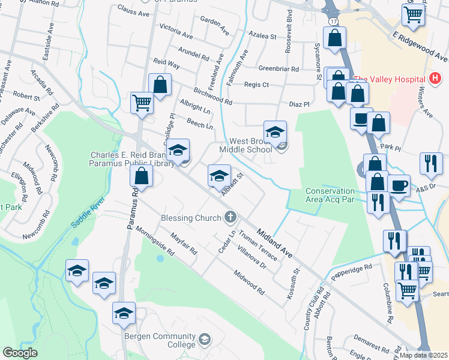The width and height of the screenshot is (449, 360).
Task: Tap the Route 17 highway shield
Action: click(x=333, y=21)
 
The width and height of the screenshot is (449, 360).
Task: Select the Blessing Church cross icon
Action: click(x=229, y=217)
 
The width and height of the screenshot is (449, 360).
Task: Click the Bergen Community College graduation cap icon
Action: click(x=205, y=340)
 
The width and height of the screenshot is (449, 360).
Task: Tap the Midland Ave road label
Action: click(x=274, y=242)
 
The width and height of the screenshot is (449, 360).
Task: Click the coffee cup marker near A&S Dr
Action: click(x=399, y=185)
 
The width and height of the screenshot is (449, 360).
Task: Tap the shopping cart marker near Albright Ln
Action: click(x=142, y=103)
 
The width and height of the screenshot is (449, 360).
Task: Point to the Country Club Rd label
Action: click(x=313, y=310)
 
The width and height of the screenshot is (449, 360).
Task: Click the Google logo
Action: click(x=20, y=352)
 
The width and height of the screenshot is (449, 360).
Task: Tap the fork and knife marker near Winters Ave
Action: click(x=431, y=163)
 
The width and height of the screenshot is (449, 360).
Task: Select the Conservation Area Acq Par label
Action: click(x=330, y=196)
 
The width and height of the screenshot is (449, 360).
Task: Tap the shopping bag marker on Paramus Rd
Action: click(x=142, y=176)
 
